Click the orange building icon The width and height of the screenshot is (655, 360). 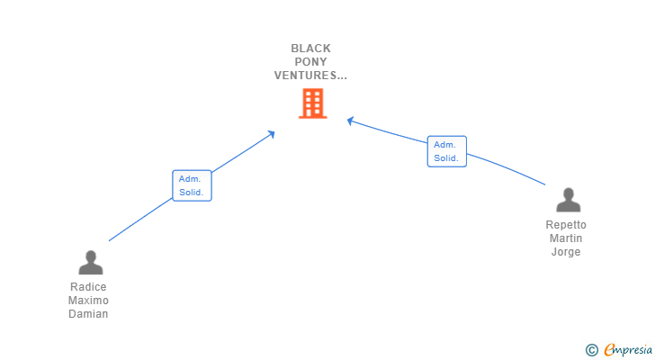311,103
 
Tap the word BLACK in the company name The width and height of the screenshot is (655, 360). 311,49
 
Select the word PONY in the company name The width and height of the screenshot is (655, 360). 311,62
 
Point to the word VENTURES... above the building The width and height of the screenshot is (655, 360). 310,76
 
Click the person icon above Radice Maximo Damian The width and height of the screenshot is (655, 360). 90,262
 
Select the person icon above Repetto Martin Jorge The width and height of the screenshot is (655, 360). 568,200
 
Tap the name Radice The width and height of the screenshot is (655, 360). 88,287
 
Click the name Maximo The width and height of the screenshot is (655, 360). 88,301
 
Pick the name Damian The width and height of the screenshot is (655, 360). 88,314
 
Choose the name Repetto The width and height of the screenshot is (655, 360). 566,225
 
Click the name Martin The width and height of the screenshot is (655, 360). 566,238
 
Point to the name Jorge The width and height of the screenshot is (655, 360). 566,252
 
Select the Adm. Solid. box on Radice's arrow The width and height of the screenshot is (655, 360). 192,185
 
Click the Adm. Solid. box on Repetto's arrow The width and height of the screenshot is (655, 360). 446,151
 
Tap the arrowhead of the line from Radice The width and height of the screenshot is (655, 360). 272,134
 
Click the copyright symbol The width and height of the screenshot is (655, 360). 591,350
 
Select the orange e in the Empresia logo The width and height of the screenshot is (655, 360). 609,349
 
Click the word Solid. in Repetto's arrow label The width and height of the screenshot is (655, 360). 446,158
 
